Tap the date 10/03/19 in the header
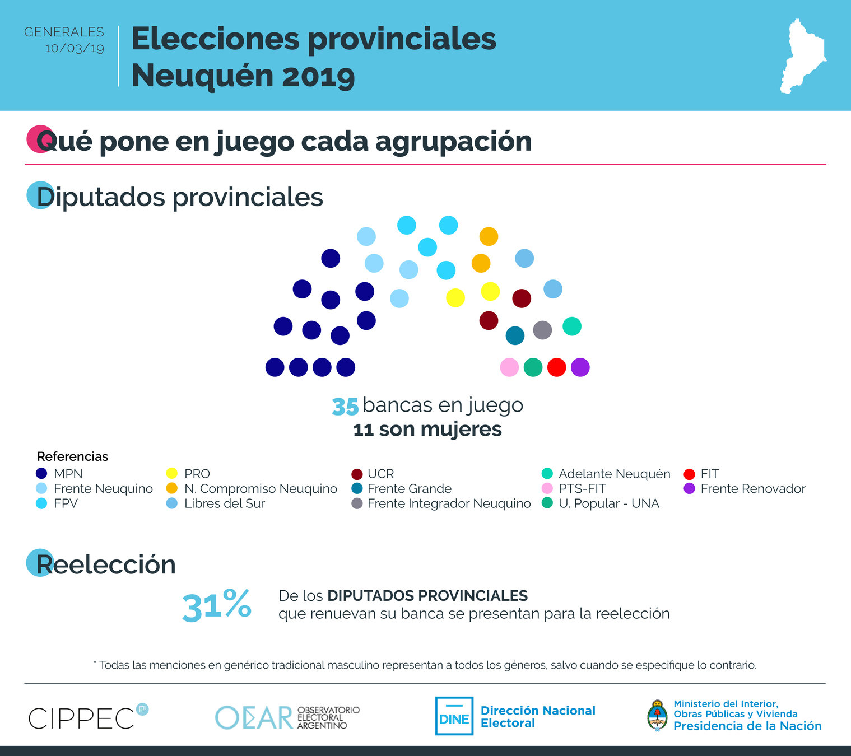click(x=75, y=49)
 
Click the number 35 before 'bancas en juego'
click(x=345, y=407)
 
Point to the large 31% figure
click(x=217, y=605)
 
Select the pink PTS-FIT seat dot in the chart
click(x=509, y=367)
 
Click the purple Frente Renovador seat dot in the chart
click(x=580, y=367)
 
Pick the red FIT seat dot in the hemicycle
click(x=556, y=367)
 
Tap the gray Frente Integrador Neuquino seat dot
click(x=542, y=330)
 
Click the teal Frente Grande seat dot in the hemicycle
click(x=515, y=335)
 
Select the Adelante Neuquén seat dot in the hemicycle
click(x=571, y=326)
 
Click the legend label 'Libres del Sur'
click(x=224, y=503)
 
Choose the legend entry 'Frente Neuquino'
click(x=103, y=488)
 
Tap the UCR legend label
click(x=380, y=474)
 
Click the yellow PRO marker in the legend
click(x=172, y=474)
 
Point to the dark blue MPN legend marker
click(x=41, y=474)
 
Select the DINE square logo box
click(x=454, y=716)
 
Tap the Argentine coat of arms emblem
click(x=657, y=716)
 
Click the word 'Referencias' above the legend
click(x=72, y=456)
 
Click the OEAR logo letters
click(x=254, y=717)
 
